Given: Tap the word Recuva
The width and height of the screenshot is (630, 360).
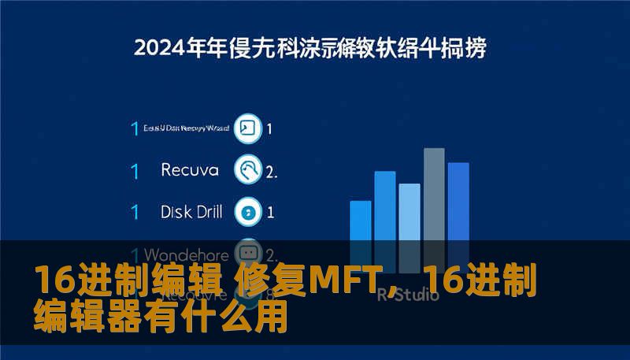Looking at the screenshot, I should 191,169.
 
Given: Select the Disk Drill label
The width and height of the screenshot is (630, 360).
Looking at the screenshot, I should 191,211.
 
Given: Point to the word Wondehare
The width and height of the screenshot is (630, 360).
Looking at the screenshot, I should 187,255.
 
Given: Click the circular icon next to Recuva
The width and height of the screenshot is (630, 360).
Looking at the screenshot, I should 248,169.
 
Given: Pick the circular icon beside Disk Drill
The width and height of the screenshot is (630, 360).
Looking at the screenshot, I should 248,211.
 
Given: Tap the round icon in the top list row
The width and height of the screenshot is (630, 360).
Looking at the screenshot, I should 248,128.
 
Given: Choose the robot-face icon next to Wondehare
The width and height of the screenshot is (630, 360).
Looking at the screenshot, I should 248,254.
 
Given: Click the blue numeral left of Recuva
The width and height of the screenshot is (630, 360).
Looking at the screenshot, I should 135,170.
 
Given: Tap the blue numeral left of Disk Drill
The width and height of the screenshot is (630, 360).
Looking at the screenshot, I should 135,212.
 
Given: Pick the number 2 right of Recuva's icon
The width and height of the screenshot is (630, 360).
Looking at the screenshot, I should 271,171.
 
